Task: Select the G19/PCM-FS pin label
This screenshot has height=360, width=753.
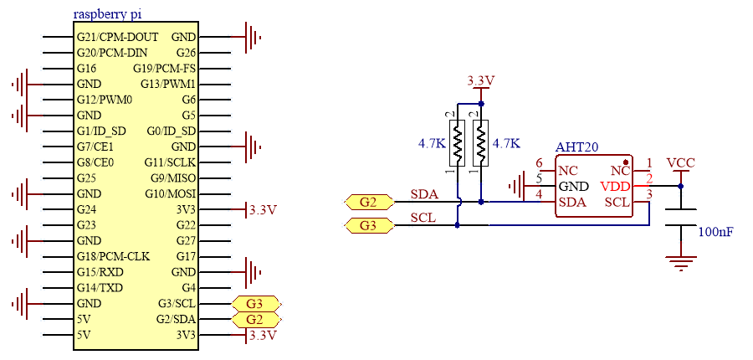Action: pos(164,69)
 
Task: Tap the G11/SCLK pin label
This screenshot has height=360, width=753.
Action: pos(170,162)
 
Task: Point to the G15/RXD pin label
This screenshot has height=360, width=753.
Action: pos(100,273)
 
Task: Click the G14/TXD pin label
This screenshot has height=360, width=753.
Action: pos(100,288)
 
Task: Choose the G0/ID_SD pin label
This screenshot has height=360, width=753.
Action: pos(172,131)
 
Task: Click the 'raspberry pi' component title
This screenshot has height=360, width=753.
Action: pos(107,14)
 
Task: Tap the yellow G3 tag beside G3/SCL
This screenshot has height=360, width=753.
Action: pos(255,304)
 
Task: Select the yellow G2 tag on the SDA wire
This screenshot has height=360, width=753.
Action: pos(369,203)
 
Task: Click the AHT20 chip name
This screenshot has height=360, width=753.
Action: pos(576,147)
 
